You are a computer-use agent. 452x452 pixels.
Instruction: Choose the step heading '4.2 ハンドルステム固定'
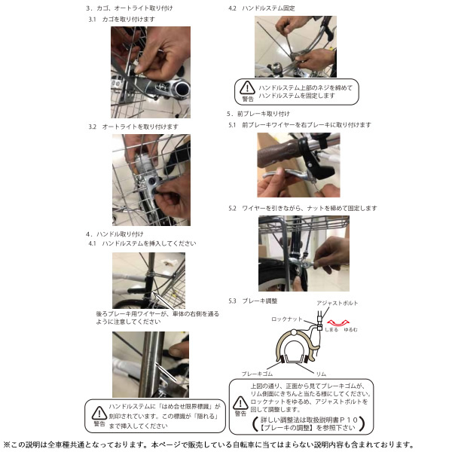tap(262, 8)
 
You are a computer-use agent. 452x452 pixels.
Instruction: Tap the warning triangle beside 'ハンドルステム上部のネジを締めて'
tap(248, 88)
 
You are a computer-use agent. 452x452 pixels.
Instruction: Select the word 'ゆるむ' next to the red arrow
tap(350, 330)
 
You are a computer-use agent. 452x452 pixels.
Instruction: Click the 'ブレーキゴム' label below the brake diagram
tap(257, 373)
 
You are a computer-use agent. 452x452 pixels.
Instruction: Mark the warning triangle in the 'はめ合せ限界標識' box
tap(99, 413)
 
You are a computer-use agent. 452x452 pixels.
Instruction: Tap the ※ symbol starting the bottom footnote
tap(6, 444)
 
